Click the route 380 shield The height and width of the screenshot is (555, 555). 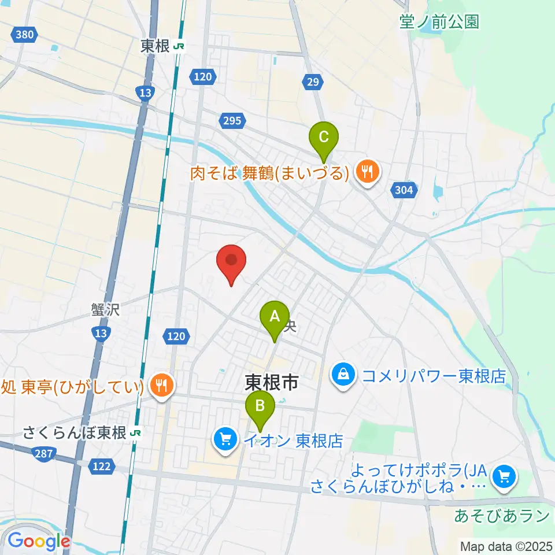tap(24, 35)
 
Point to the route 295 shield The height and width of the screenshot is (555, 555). tap(231, 120)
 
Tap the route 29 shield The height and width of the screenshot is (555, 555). tap(313, 83)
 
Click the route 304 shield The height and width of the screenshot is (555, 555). tap(405, 190)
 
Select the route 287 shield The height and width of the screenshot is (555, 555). tap(41, 455)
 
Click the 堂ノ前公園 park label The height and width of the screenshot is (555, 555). tap(439, 22)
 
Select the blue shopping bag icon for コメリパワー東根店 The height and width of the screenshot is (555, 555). tap(343, 376)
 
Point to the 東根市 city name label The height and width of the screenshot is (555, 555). tap(271, 382)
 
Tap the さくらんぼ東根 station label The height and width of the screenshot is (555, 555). tap(75, 432)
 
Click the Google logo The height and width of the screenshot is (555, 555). tap(38, 541)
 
